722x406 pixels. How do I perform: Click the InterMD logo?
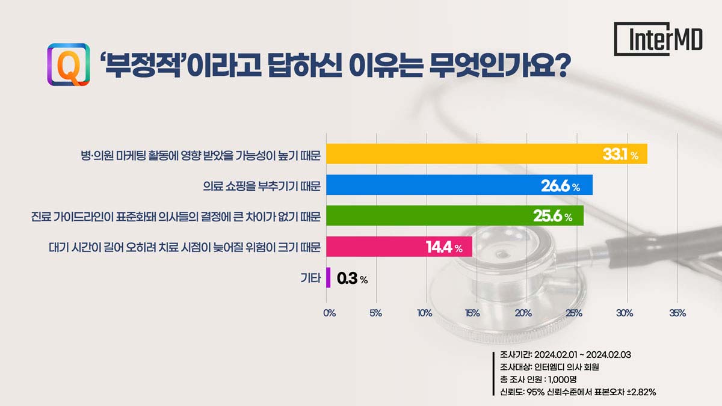[658, 39]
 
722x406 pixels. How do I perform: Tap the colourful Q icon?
[68, 64]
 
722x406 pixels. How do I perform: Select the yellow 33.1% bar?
[486, 155]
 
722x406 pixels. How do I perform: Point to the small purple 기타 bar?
[328, 277]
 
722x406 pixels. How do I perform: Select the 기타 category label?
[310, 278]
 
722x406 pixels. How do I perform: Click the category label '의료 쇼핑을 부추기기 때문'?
[262, 186]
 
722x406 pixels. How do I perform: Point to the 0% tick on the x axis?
[329, 313]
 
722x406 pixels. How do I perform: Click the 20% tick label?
[523, 313]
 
